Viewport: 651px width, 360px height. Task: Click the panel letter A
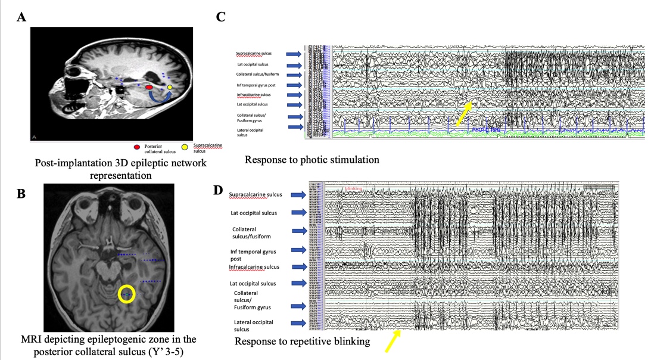click(22, 17)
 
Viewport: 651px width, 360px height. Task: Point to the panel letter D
click(218, 190)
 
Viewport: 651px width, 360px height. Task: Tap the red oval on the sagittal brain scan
click(149, 88)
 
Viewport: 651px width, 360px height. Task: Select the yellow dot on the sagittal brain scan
click(170, 88)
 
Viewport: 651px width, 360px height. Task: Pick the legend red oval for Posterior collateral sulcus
click(137, 147)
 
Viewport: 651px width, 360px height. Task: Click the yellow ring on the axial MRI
click(126, 293)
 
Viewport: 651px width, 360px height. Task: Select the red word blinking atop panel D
click(353, 188)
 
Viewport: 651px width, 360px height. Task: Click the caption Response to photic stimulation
click(312, 160)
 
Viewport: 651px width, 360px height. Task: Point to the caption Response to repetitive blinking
click(301, 341)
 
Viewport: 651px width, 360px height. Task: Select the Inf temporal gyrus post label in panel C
click(260, 85)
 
